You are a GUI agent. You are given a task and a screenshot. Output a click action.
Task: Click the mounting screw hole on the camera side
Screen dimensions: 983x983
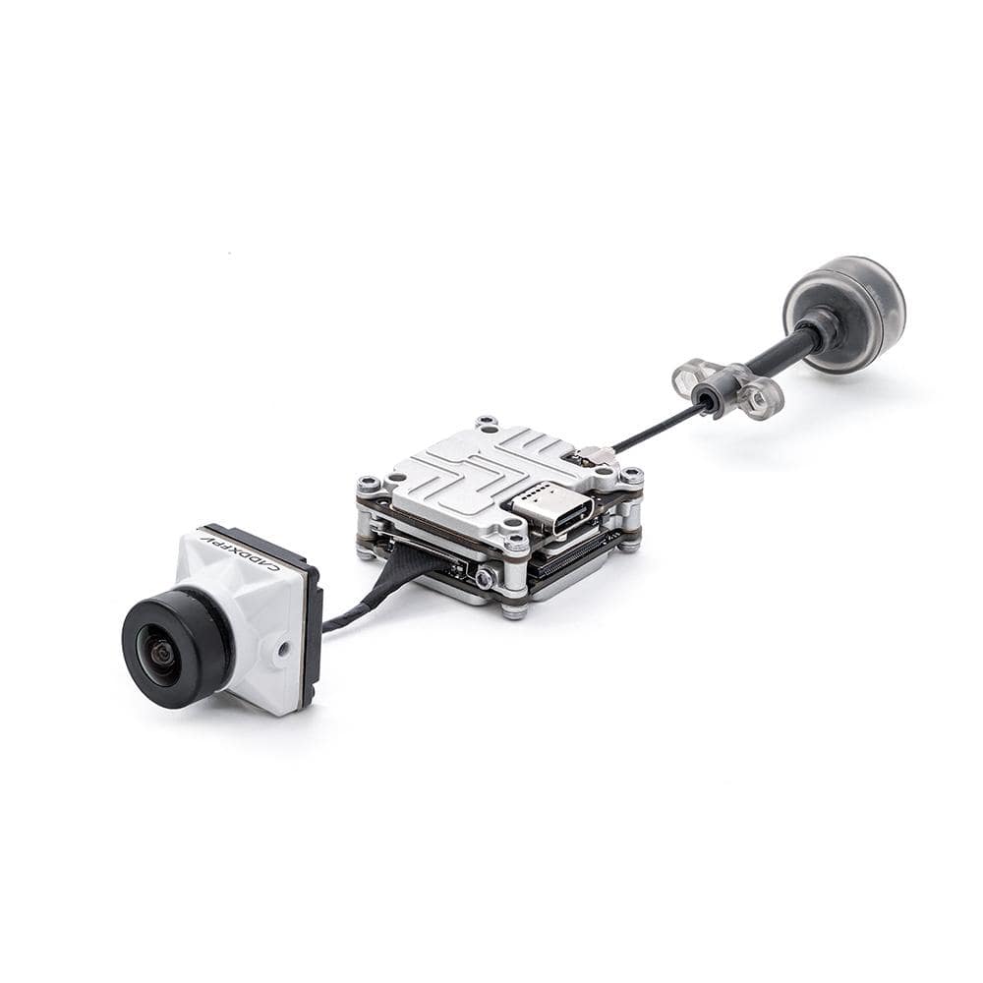(x=283, y=649)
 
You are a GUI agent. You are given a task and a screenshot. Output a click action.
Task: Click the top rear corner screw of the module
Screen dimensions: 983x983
(x=486, y=424)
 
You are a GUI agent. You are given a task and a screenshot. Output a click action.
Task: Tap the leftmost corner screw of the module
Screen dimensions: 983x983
(x=369, y=485)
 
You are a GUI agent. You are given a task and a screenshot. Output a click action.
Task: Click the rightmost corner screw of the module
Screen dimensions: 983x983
(x=631, y=477)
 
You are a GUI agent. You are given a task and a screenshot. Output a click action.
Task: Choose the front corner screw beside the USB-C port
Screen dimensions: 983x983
(x=514, y=538)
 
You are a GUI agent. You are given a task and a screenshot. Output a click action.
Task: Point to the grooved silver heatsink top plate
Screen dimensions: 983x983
(x=472, y=472)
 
